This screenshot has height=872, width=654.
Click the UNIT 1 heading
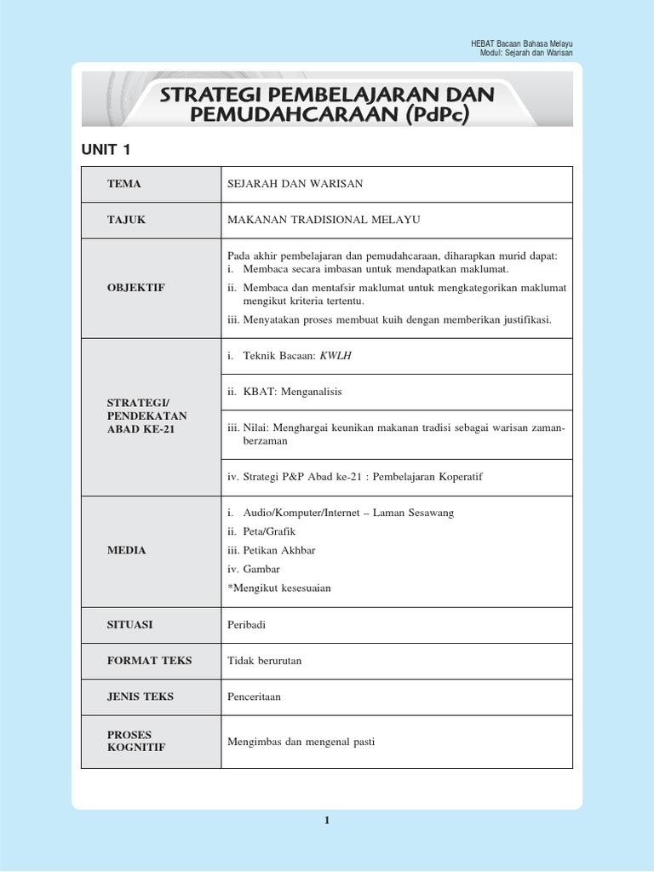(106, 150)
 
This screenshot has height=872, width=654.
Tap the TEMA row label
(124, 184)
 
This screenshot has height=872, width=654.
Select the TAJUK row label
(127, 220)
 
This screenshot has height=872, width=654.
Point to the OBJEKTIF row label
(136, 288)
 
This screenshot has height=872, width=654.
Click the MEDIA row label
(127, 550)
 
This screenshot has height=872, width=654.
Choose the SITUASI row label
(130, 624)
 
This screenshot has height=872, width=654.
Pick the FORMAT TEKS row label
(150, 660)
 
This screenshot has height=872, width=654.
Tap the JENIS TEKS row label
(141, 696)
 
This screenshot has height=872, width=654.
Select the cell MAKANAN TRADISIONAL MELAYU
(324, 220)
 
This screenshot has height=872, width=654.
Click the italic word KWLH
(335, 356)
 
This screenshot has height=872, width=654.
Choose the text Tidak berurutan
(265, 660)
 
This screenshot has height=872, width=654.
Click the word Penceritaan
(254, 697)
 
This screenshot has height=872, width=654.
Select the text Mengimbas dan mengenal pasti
(301, 742)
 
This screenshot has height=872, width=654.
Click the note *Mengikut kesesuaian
(278, 588)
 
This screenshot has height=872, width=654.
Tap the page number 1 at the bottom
(326, 820)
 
